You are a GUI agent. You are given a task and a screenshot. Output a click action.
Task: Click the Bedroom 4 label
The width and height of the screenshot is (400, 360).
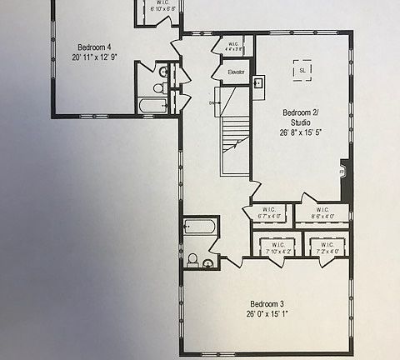click(x=96, y=47)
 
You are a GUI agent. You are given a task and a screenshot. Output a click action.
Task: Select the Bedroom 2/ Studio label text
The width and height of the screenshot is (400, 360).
click(x=297, y=117)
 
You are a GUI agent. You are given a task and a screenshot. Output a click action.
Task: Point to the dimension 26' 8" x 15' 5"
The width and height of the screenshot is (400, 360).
click(x=297, y=132)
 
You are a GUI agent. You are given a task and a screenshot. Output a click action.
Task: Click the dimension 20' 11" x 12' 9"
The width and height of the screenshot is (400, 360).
click(x=96, y=57)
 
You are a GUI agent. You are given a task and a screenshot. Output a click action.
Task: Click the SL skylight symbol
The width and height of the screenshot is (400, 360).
click(x=301, y=70)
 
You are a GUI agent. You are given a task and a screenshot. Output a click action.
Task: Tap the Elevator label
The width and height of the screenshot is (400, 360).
click(x=237, y=73)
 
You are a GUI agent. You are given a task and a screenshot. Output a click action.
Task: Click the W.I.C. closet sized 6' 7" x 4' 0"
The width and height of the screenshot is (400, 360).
click(x=268, y=212)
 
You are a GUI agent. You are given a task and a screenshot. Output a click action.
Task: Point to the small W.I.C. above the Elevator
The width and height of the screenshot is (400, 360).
click(x=233, y=46)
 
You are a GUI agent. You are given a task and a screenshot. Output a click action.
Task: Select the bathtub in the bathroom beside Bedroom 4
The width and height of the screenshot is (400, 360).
click(x=154, y=106)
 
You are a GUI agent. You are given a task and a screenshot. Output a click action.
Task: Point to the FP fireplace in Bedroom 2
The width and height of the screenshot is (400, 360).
click(x=341, y=172)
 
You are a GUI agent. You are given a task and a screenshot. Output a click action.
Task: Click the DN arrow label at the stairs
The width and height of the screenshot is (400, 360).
click(x=213, y=102)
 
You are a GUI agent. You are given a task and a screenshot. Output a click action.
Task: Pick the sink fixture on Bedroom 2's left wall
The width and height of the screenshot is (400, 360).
click(x=259, y=83)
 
